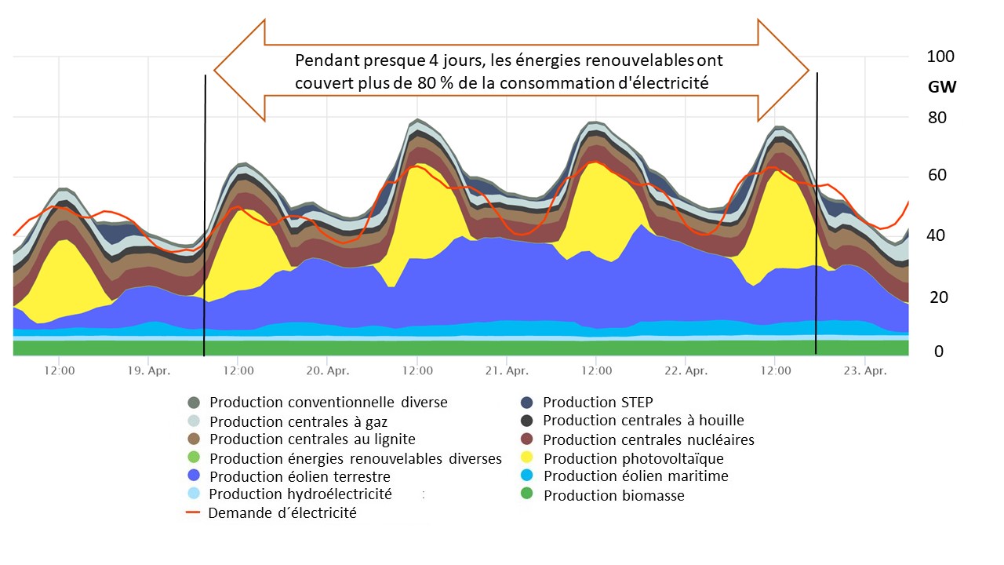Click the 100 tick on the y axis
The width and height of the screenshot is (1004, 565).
click(940, 56)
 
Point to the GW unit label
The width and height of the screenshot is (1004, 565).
click(942, 87)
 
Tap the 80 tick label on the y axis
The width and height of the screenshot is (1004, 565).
click(938, 118)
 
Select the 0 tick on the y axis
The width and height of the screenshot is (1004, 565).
click(938, 352)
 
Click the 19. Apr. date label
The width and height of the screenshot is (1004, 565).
click(147, 371)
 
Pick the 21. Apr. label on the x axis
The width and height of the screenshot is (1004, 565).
click(506, 371)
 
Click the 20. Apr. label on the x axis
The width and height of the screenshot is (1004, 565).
click(327, 371)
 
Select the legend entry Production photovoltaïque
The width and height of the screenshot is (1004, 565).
click(633, 458)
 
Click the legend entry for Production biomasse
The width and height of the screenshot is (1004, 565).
click(613, 495)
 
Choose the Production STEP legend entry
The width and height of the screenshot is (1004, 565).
click(597, 402)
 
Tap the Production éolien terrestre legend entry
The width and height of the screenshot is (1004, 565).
click(300, 476)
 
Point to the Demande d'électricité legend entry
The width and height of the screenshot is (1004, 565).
click(282, 513)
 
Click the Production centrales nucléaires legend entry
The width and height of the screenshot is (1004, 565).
click(648, 439)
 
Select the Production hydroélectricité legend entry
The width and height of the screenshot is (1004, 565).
click(300, 494)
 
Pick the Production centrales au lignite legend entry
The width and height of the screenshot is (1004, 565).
click(312, 439)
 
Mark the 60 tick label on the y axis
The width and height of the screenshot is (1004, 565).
click(938, 176)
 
